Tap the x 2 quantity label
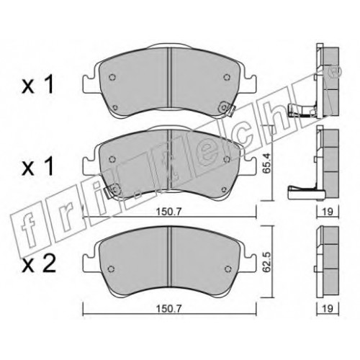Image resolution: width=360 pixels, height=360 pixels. (39, 264)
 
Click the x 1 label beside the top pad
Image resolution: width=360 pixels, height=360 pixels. (37, 85)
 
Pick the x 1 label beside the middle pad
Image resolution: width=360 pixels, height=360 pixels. (37, 167)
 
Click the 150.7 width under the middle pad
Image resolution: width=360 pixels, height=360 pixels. (168, 212)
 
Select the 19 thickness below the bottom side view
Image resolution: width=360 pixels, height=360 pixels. (328, 308)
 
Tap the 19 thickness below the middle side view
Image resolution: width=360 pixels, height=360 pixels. (328, 212)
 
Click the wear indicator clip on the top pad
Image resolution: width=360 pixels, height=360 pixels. (228, 109)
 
